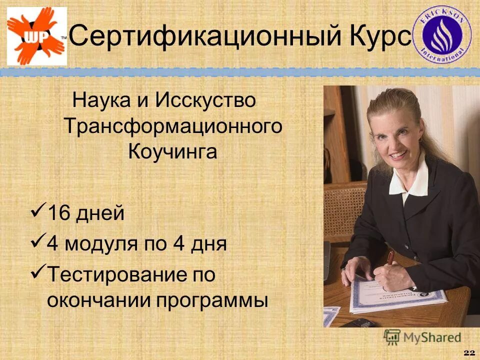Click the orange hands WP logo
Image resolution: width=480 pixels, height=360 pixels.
coord(36,36)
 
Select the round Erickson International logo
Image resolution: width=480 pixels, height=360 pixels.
coord(445,36)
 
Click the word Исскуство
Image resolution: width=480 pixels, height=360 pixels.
coord(205,101)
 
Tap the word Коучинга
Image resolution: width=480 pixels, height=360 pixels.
coord(172,151)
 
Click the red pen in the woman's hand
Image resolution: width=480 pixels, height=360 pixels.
coord(390,258)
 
